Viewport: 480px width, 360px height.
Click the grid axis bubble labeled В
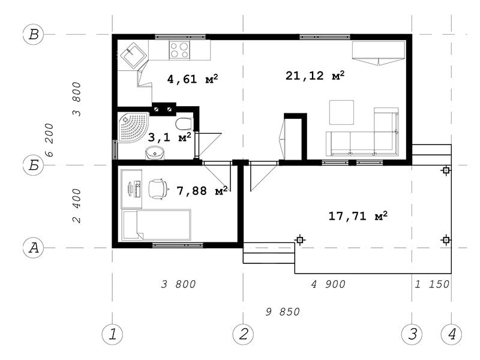tap(34, 34)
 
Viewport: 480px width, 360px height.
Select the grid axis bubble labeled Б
tap(34, 166)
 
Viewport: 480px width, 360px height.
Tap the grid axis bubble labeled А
tap(34, 247)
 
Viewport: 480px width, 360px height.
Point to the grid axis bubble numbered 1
tap(112, 334)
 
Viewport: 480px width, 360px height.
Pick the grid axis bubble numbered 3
tap(412, 334)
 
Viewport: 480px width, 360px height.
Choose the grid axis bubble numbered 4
tap(452, 334)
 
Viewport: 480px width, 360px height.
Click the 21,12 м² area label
tap(315, 76)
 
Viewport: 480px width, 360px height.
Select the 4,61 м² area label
tap(193, 79)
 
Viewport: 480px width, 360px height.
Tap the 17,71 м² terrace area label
tap(358, 216)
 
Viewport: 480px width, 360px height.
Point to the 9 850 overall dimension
tap(283, 312)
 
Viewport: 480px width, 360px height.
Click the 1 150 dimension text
tap(432, 284)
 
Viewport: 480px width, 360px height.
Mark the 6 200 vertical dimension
tap(49, 140)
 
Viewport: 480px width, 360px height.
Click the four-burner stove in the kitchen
tap(179, 50)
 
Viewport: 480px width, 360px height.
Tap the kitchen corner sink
tap(133, 55)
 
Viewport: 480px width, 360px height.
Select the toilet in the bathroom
tap(184, 124)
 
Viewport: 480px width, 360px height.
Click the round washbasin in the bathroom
tap(155, 152)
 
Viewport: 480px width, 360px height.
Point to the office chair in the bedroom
tap(158, 189)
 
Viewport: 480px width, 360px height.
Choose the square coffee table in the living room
tap(341, 112)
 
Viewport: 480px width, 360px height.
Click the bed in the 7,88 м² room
tap(156, 225)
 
